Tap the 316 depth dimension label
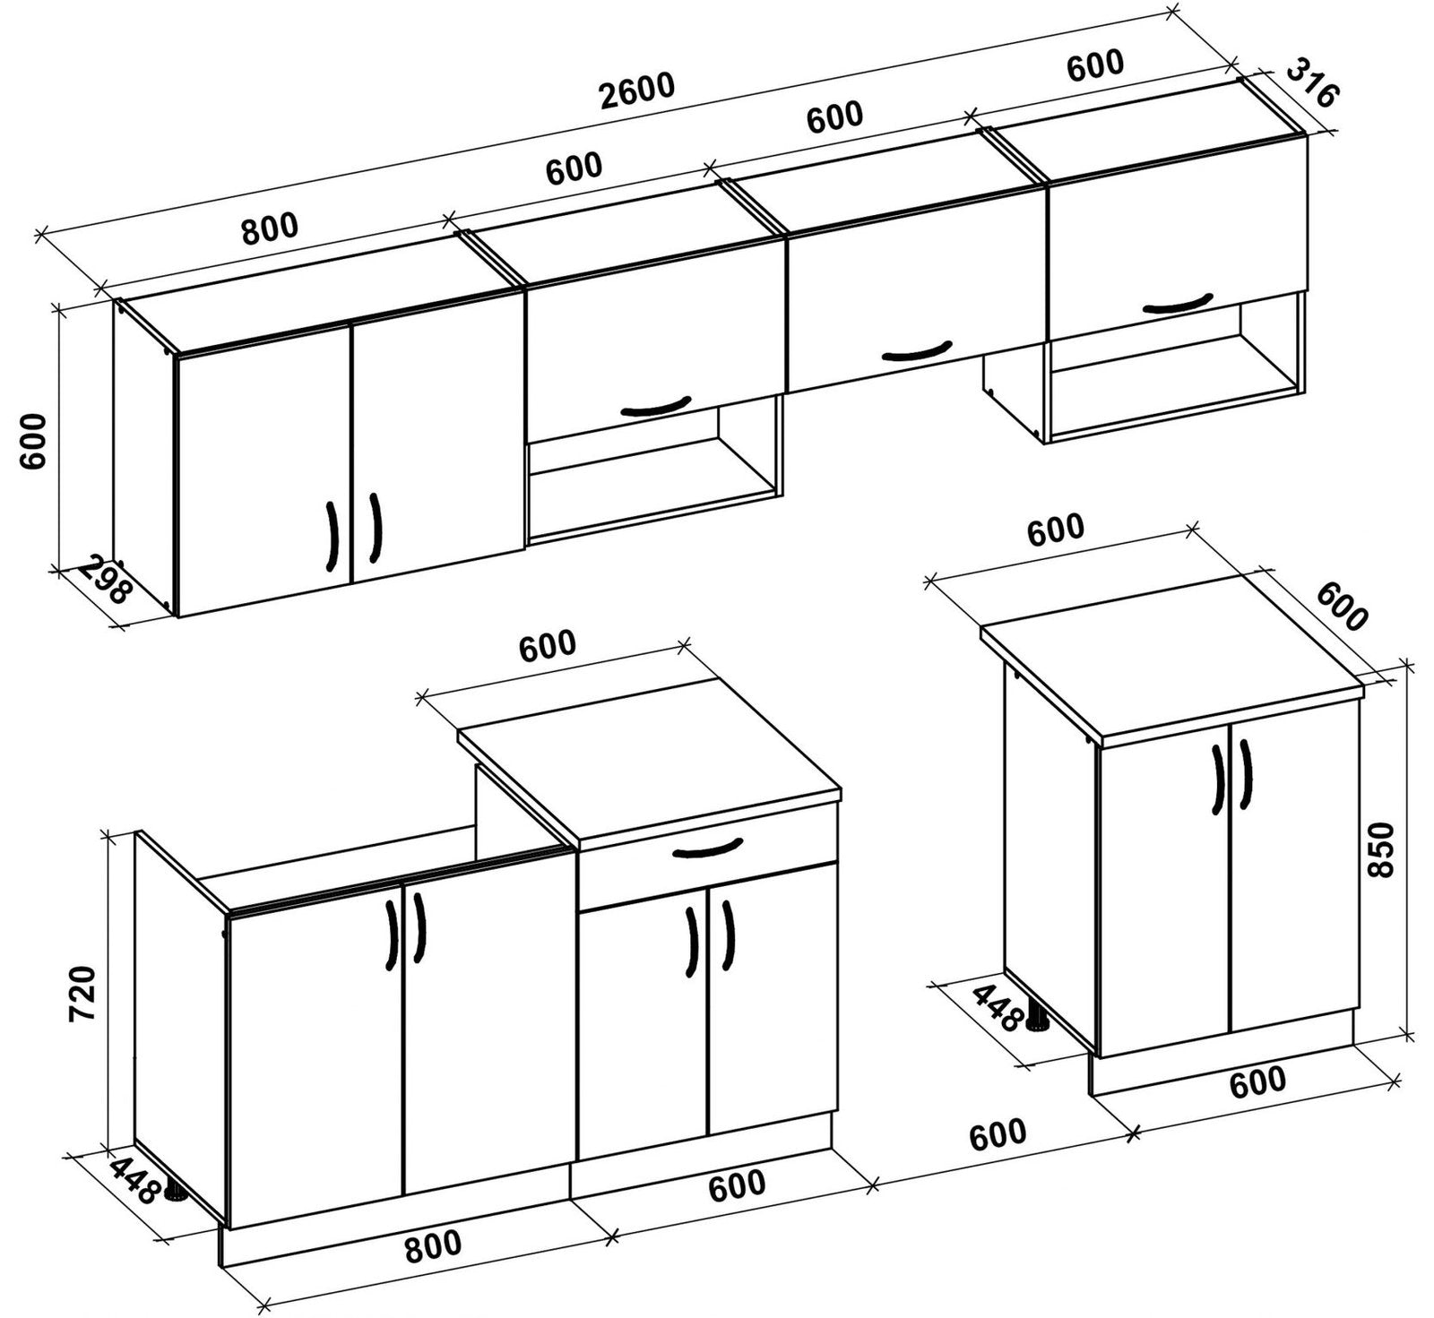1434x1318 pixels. (1311, 82)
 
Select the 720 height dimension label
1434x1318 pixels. (82, 993)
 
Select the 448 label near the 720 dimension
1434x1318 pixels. (135, 1179)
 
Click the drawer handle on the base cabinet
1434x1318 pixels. (707, 848)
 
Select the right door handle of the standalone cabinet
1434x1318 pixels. (1245, 775)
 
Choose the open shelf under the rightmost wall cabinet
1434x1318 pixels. (1176, 371)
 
